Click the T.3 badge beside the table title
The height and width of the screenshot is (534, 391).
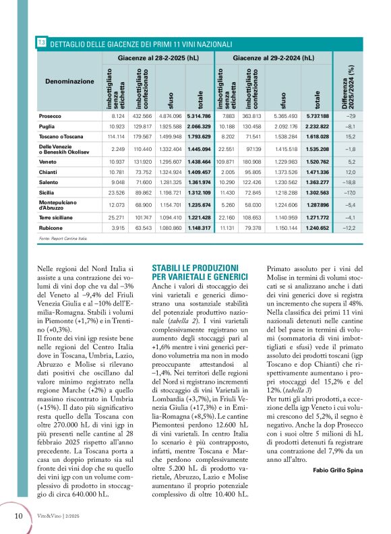(42, 42)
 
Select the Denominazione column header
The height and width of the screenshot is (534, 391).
(69, 81)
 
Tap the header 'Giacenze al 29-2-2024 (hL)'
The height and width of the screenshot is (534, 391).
(276, 59)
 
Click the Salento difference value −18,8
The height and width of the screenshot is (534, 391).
(351, 183)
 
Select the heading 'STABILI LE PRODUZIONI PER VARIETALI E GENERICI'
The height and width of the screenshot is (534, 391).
(202, 272)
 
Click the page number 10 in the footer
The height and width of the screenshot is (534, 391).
(20, 516)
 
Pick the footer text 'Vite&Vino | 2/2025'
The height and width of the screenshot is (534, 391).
(60, 516)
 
